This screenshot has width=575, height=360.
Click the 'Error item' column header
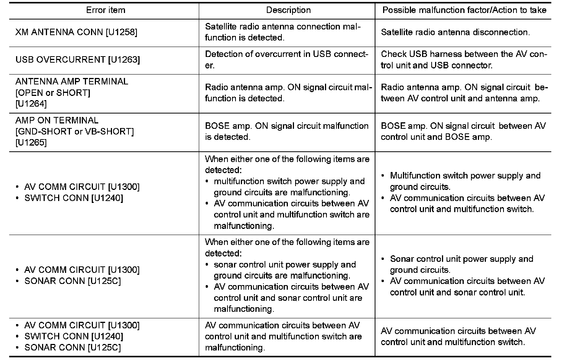106,10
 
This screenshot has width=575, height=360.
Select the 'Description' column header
288,10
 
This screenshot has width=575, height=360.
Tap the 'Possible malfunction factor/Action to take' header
464,10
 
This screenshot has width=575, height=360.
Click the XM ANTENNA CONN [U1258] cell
76,32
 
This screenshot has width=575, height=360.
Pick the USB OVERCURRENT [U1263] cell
78,60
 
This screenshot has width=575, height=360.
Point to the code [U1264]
31,104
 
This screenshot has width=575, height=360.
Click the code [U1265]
31,143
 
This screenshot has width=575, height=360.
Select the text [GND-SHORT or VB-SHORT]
75,131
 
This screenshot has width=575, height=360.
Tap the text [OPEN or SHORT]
53,92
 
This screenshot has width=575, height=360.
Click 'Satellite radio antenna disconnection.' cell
455,32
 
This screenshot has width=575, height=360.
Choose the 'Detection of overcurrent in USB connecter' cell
286,60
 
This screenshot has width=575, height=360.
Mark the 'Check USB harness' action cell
464,60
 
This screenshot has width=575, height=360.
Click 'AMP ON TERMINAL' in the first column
57,120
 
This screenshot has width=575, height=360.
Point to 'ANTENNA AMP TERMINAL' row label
71,81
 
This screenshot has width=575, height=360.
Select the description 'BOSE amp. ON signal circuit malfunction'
286,131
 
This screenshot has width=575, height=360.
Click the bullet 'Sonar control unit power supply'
461,259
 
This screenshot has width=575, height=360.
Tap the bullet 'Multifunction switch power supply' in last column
465,176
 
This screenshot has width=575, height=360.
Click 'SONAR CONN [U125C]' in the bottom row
72,347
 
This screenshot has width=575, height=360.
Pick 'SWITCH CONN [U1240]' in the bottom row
73,336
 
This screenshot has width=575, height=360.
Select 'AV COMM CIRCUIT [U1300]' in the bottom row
82,325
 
